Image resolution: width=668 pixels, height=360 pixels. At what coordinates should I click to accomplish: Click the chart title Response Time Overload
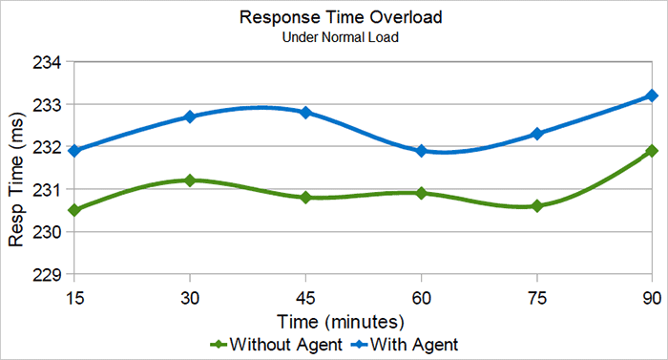(x=333, y=17)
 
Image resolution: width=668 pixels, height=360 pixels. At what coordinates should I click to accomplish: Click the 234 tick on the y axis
(x=48, y=62)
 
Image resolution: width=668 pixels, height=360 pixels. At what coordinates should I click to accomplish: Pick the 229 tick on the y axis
(x=48, y=275)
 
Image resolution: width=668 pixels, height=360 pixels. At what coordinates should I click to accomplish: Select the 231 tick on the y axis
(x=48, y=190)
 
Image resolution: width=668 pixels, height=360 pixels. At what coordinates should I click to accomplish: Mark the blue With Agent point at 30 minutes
(x=190, y=116)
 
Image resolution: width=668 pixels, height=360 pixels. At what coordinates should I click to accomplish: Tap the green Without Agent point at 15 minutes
(x=74, y=210)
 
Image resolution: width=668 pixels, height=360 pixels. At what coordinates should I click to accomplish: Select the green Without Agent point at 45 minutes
(x=305, y=198)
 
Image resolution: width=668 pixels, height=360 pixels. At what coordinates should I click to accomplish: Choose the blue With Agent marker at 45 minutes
(x=305, y=113)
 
